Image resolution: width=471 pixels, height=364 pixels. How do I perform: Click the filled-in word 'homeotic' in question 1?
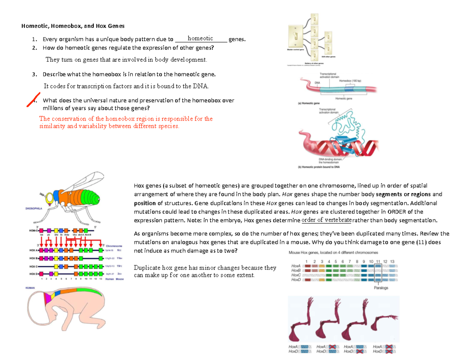coord(200,38)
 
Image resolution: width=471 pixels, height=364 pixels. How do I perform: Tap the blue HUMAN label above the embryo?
coord(30,288)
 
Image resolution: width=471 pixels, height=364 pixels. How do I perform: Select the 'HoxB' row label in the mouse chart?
coord(296,271)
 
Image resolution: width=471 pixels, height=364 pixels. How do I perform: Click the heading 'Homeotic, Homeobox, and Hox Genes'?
coord(72,26)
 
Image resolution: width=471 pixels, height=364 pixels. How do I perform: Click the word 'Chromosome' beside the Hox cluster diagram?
coord(114,245)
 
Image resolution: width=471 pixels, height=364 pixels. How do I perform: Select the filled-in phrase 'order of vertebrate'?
coord(327,219)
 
